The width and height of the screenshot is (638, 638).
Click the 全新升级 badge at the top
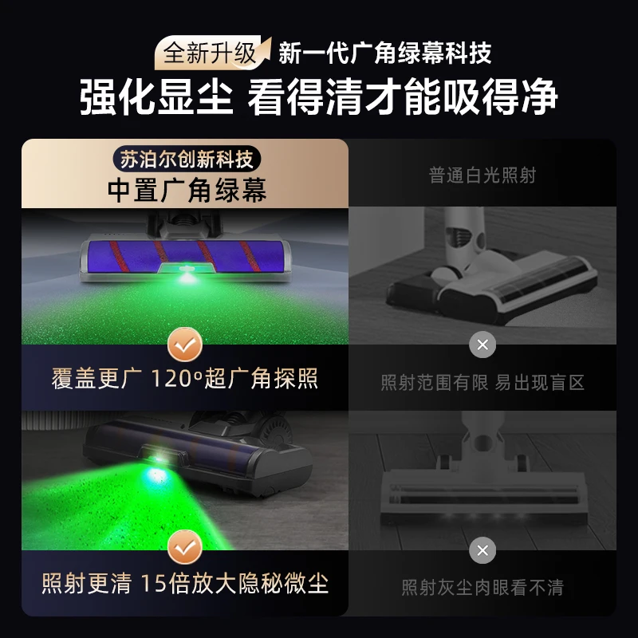click(x=211, y=53)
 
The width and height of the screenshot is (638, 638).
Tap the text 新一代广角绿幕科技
click(x=385, y=53)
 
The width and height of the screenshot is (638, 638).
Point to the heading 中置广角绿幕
click(x=187, y=190)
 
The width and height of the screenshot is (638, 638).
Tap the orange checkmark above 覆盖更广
click(x=185, y=345)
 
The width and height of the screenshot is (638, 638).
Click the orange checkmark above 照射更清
click(x=185, y=549)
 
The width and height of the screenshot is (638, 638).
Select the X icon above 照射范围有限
click(x=482, y=345)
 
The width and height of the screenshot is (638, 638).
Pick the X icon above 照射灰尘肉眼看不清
click(x=482, y=549)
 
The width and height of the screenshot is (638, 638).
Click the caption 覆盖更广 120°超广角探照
click(x=185, y=379)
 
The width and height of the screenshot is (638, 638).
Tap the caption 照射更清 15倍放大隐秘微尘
click(x=185, y=584)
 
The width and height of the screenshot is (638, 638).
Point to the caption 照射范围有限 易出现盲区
click(x=482, y=383)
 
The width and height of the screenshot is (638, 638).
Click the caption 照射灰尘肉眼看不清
click(x=482, y=588)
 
